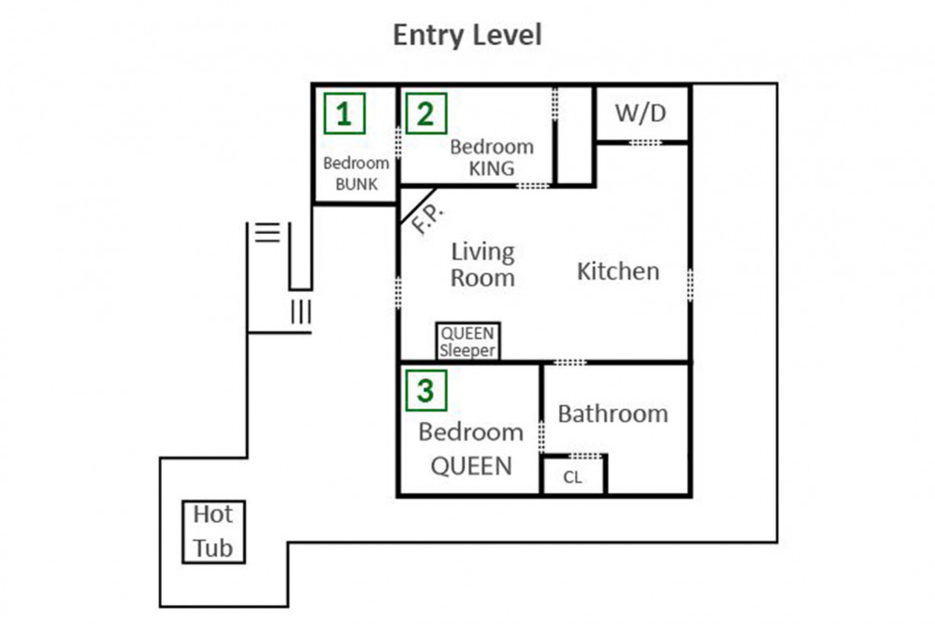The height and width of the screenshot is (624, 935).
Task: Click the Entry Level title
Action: tap(467, 35)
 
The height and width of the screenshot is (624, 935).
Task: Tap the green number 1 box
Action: tap(345, 113)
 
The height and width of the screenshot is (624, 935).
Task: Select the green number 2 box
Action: tap(426, 113)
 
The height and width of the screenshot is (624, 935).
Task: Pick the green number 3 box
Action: tap(426, 391)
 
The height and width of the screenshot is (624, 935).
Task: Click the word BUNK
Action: tap(356, 184)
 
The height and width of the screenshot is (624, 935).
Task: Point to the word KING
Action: tap(492, 168)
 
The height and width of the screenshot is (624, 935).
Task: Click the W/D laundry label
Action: tap(641, 113)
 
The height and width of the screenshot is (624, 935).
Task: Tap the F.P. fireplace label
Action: tap(428, 218)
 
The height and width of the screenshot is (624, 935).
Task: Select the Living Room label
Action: tap(483, 265)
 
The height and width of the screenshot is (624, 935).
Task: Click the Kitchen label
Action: tap(618, 271)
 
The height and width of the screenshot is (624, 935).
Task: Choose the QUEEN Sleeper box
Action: tap(468, 341)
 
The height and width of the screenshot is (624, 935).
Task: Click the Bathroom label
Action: tap(613, 414)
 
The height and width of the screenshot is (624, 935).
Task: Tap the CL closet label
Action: tap(572, 477)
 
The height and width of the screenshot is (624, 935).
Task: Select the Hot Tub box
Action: tap(213, 531)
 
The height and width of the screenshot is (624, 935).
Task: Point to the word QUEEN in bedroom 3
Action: tap(471, 466)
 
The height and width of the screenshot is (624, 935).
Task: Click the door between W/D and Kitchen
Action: tap(646, 142)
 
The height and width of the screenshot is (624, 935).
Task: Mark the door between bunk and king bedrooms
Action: tap(397, 141)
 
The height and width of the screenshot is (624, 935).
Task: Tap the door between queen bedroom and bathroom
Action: tap(541, 436)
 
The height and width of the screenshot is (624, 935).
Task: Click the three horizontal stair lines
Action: tap(267, 232)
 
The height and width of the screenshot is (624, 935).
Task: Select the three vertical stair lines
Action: tap(301, 312)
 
